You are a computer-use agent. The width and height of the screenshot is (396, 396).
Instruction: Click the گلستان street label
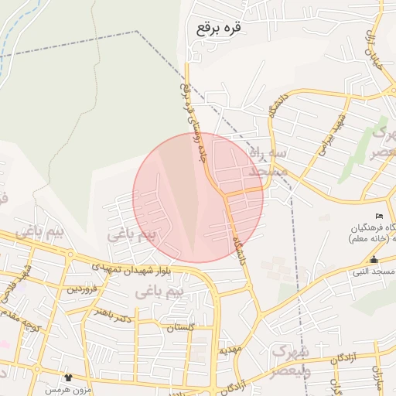pyautogui.click(x=179, y=328)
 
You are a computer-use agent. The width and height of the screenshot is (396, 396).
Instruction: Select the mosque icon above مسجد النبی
pyautogui.click(x=374, y=259)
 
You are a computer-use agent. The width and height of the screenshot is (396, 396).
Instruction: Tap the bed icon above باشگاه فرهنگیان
pyautogui.click(x=378, y=215)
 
